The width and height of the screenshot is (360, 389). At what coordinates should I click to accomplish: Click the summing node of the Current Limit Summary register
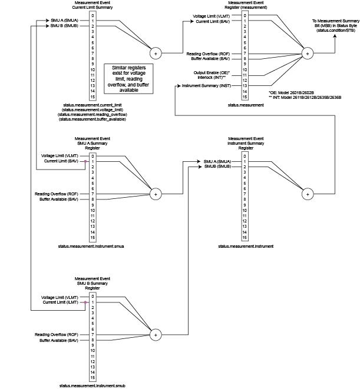pos(156,54)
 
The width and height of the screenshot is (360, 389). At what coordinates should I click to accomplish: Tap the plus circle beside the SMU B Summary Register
pos(156,334)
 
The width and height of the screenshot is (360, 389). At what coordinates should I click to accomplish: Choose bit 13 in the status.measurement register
pos(244,86)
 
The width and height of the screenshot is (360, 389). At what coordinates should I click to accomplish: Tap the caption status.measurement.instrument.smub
pos(92,385)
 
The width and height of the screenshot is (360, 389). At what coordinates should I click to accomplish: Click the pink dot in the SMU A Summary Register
pos(85,161)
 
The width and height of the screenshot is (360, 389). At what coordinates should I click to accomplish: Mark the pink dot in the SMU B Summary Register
pos(85,302)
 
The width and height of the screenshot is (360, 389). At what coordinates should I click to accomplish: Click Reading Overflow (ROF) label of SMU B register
pos(56,335)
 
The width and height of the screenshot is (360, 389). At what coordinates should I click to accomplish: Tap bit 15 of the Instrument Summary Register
pos(244,238)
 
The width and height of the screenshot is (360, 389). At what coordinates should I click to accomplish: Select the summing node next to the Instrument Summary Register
pos(307,192)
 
